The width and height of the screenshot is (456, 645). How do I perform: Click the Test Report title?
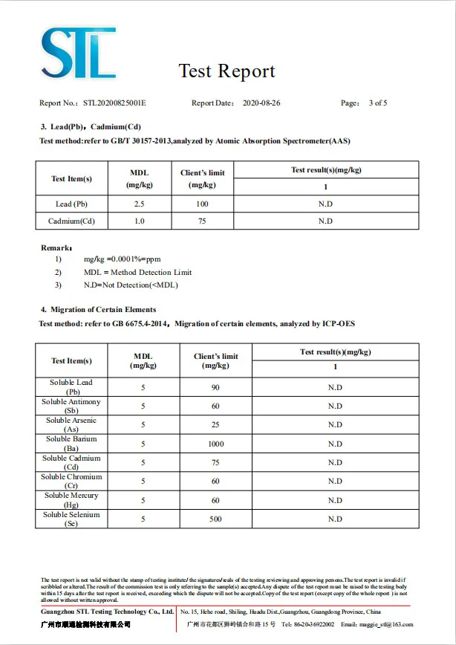pos(227,71)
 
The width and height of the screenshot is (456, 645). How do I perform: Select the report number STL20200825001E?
pos(114,103)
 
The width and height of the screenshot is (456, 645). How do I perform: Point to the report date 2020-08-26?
pos(261,103)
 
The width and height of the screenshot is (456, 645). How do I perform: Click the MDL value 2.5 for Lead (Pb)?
pos(139,204)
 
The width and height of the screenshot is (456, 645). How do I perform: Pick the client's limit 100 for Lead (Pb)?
pos(202,204)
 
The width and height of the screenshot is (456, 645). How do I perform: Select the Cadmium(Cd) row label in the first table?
pos(71,221)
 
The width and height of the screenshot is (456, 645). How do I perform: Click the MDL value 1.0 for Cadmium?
pos(139,221)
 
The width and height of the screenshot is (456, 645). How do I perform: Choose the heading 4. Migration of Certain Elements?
pos(98,309)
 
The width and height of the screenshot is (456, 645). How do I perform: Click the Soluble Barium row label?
pos(73,444)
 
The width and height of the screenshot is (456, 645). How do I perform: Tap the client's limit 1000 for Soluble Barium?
pos(215,444)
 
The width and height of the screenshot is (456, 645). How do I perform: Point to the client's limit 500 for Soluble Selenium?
pos(215,519)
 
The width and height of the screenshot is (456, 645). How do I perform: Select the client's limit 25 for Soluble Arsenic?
pos(215,425)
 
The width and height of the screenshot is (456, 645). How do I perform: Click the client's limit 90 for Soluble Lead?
pos(215,387)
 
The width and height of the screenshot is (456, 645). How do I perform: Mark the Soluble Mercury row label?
pos(71,500)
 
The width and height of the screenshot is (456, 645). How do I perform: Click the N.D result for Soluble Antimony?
pos(335,406)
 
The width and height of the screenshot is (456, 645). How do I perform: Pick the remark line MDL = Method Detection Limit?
pos(137,273)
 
